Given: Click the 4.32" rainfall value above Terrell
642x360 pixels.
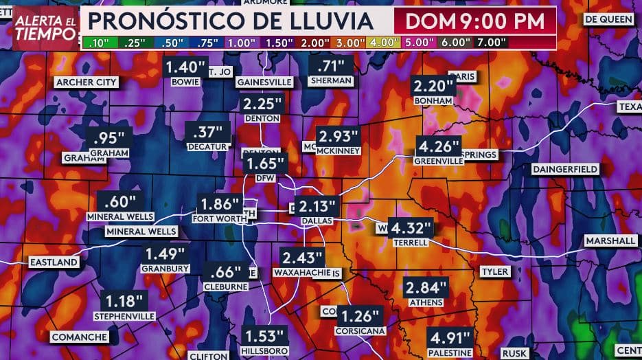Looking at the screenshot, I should [411, 227].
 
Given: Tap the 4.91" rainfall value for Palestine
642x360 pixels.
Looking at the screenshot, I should [450, 338].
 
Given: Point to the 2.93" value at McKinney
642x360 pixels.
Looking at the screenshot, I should [334, 135].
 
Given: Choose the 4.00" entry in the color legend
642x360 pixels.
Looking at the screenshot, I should [384, 42].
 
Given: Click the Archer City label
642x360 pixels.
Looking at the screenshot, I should [87, 82].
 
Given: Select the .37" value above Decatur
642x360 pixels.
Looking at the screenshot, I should [205, 131].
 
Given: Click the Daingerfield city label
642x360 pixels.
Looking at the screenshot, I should [565, 169].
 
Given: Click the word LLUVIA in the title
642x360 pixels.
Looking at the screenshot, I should [330, 21].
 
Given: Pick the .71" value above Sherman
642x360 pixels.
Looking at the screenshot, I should [332, 67].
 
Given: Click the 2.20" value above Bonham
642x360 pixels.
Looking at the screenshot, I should [434, 87].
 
